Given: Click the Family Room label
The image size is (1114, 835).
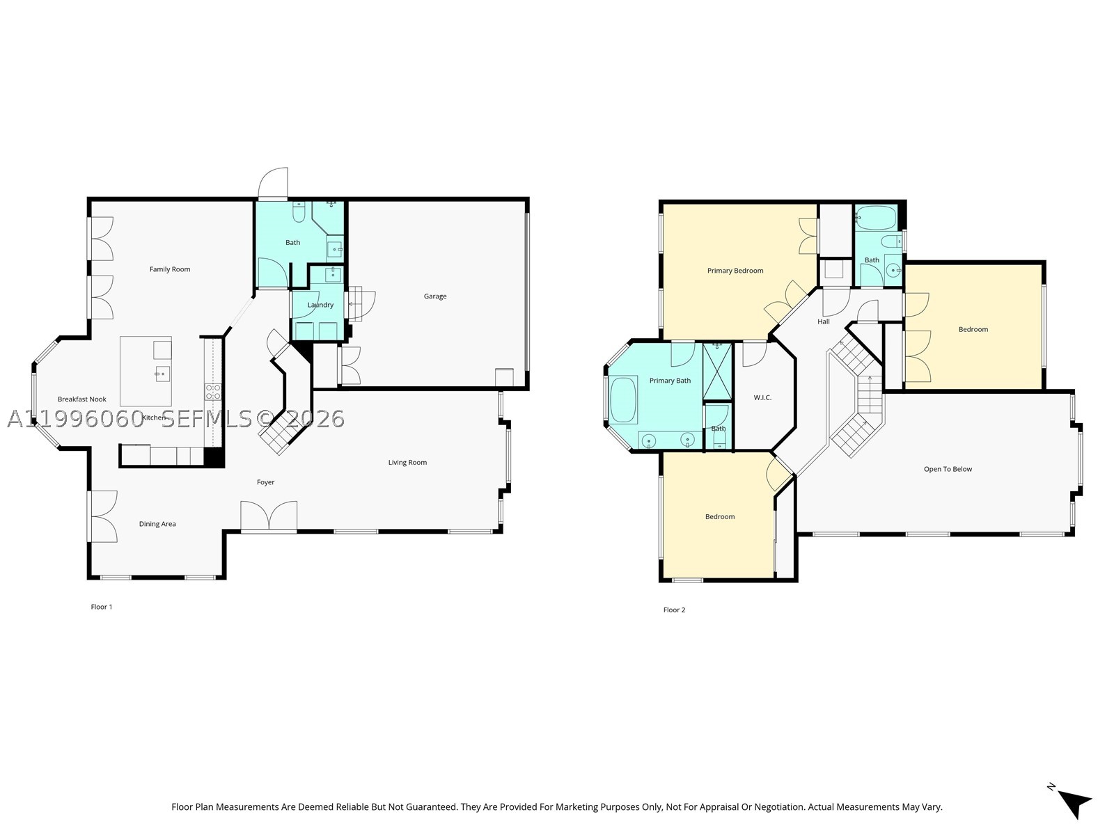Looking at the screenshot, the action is pyautogui.click(x=169, y=269).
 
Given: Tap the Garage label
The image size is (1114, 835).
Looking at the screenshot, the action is pyautogui.click(x=435, y=296).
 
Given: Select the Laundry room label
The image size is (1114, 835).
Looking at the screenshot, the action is pyautogui.click(x=320, y=305).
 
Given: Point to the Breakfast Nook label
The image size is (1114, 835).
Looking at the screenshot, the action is pyautogui.click(x=81, y=399).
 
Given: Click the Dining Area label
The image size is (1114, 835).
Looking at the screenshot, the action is pyautogui.click(x=157, y=524).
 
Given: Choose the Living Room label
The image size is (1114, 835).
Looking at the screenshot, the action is pyautogui.click(x=407, y=462).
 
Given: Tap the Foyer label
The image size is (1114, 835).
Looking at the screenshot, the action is pyautogui.click(x=265, y=482).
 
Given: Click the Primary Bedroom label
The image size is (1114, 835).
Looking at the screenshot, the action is pyautogui.click(x=735, y=271).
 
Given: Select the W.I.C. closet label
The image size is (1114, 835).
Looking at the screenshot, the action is pyautogui.click(x=762, y=397).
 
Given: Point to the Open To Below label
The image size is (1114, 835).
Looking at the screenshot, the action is pyautogui.click(x=948, y=469).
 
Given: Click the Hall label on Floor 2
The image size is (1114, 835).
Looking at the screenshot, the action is pyautogui.click(x=823, y=321).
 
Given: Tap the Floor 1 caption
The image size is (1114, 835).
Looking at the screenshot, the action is pyautogui.click(x=102, y=607).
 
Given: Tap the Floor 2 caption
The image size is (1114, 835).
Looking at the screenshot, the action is pyautogui.click(x=674, y=610).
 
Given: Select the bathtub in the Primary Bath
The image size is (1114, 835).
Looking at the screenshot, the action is pyautogui.click(x=622, y=399).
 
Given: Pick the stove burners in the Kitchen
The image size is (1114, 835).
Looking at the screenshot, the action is pyautogui.click(x=213, y=392).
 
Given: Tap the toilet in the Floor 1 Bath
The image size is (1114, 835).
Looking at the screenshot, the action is pyautogui.click(x=299, y=212).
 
